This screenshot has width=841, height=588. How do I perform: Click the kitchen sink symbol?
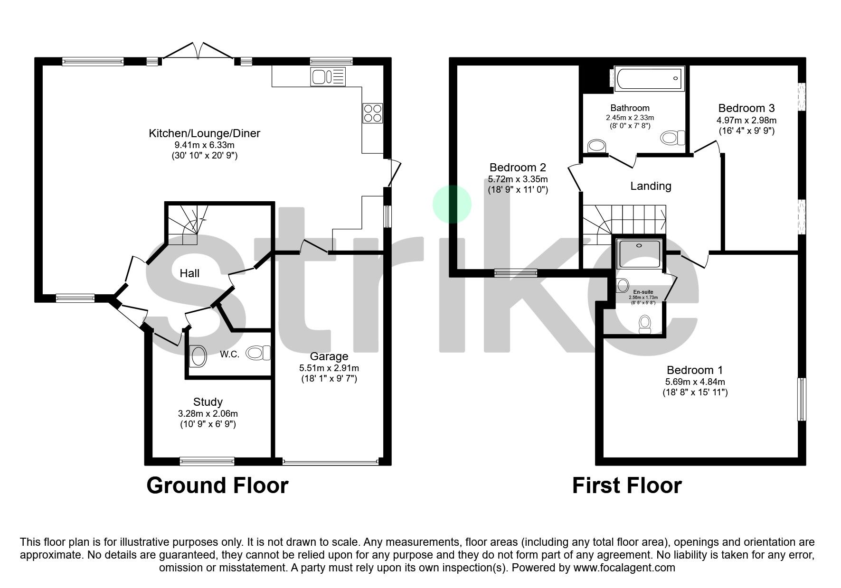click(x=328, y=76)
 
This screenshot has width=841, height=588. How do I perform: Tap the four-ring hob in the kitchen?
click(x=372, y=113)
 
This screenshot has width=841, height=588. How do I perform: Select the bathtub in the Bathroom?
click(x=649, y=78)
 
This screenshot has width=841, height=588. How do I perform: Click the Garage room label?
click(x=329, y=356)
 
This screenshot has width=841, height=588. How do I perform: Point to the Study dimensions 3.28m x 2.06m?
click(x=208, y=414)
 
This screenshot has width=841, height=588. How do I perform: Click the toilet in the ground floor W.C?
click(x=258, y=353)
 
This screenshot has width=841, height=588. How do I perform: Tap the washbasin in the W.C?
click(x=198, y=355)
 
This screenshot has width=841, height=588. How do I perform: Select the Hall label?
click(x=189, y=273)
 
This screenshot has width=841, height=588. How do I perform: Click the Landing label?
click(x=651, y=186)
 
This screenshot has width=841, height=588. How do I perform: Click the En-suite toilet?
click(x=644, y=324)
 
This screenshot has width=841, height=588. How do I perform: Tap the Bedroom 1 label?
click(x=695, y=370)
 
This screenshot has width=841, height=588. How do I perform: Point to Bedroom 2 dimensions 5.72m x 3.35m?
click(x=518, y=179)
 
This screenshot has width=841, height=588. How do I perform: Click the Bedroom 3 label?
click(x=747, y=108)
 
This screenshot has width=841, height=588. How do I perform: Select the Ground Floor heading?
click(x=217, y=486)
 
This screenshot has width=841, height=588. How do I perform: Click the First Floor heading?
click(x=627, y=486)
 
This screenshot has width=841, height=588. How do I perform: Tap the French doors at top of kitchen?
click(x=198, y=51)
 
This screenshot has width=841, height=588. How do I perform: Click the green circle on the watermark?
click(x=452, y=205)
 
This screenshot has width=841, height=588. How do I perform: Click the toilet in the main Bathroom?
click(x=672, y=138)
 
